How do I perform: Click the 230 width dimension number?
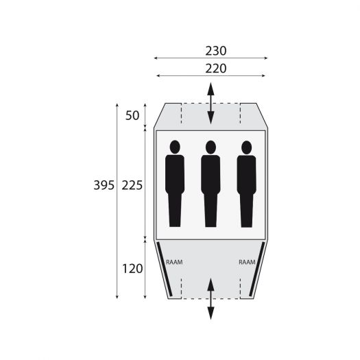(x=216, y=51)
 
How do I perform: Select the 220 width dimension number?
(x=216, y=69)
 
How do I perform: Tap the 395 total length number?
(x=104, y=185)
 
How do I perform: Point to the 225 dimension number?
(x=132, y=185)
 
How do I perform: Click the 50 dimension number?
(x=132, y=115)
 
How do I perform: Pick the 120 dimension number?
(x=132, y=269)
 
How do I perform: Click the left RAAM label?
(x=174, y=262)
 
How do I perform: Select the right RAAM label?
(x=247, y=262)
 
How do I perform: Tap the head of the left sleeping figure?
(x=175, y=147)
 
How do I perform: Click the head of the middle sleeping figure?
(x=211, y=147)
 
